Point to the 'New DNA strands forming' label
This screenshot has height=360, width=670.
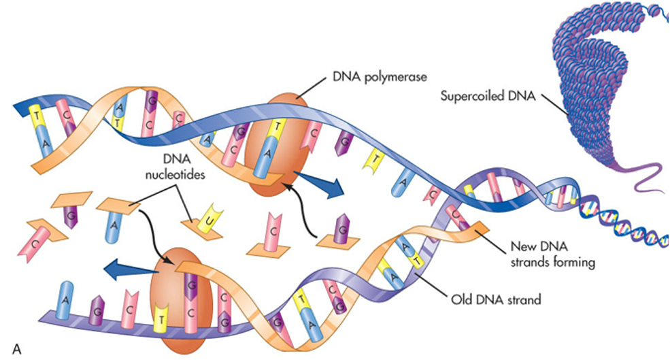point(551,255)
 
